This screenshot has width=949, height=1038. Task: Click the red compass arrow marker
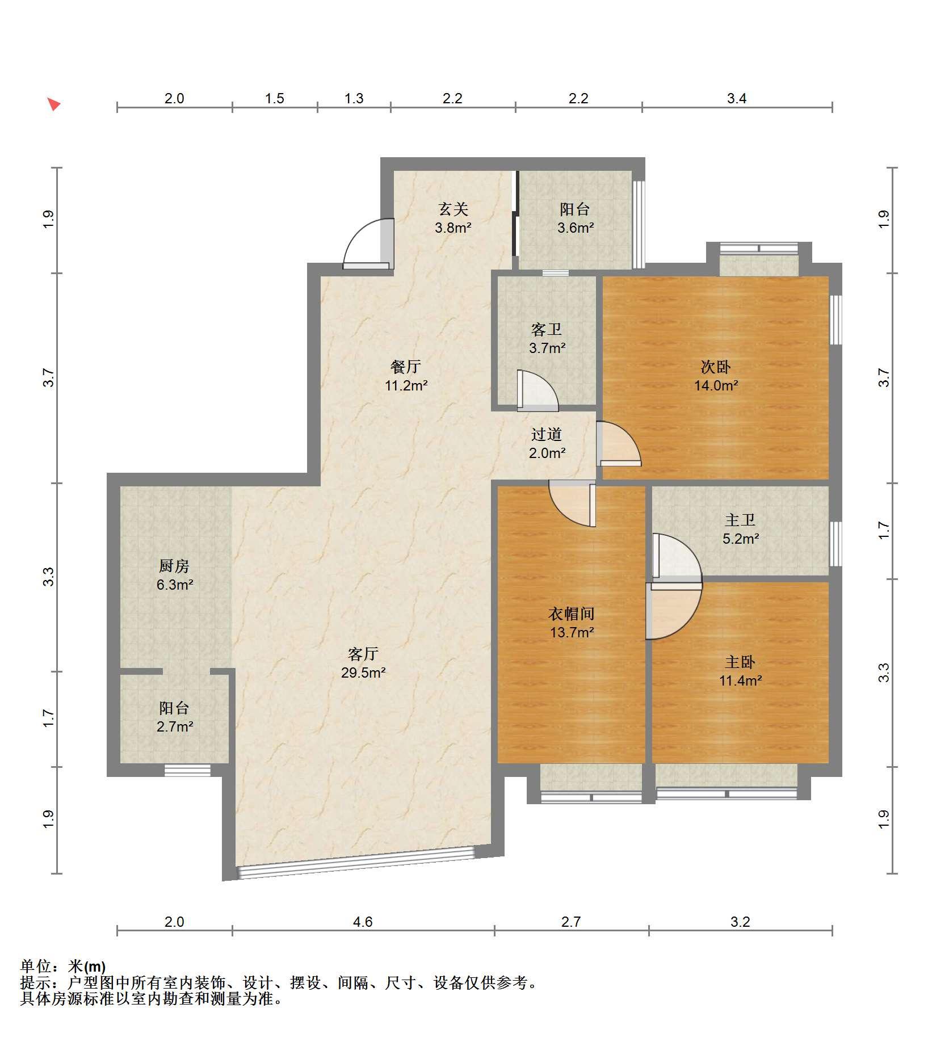click(54, 104)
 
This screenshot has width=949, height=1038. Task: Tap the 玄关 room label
click(453, 209)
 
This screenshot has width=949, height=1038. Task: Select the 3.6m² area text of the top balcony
click(576, 228)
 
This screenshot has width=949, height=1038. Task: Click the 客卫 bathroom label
click(547, 329)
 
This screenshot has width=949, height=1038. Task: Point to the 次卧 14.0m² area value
click(716, 386)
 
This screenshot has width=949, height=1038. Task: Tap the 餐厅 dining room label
click(406, 367)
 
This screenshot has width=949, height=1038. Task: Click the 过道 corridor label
click(547, 435)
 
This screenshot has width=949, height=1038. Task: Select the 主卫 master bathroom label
click(740, 520)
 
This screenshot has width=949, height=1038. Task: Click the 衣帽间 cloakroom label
click(572, 613)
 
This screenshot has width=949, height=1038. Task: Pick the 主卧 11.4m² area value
click(741, 680)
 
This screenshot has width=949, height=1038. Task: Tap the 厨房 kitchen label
click(174, 566)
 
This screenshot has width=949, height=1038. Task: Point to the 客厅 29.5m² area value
click(363, 673)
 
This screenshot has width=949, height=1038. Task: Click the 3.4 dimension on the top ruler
click(737, 99)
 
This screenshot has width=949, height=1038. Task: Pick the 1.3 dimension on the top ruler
click(354, 99)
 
